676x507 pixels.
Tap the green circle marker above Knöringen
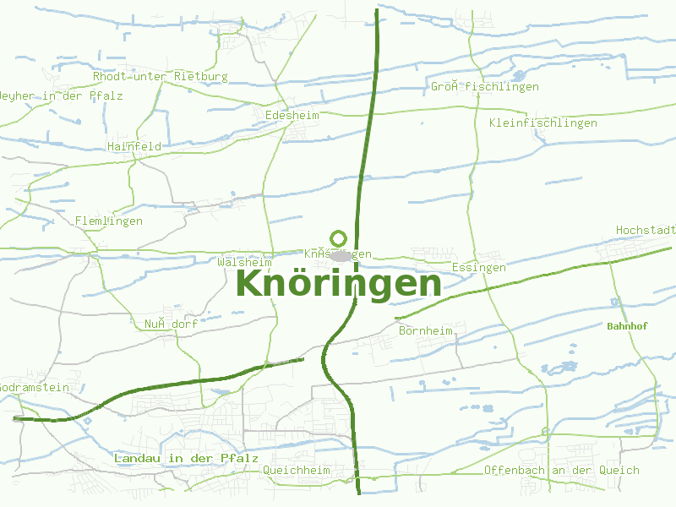(x=338, y=238)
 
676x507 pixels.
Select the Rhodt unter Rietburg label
(x=160, y=76)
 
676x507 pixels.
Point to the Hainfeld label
(x=134, y=146)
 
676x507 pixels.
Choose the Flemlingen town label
(x=109, y=221)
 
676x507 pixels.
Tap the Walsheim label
(x=244, y=262)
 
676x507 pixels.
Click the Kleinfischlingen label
(x=542, y=123)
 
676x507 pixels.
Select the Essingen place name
(x=478, y=267)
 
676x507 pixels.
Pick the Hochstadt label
(x=646, y=230)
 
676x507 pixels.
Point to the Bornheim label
(x=425, y=330)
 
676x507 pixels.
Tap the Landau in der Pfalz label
(x=186, y=458)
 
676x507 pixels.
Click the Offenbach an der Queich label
(x=561, y=470)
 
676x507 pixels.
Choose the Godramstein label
(x=34, y=387)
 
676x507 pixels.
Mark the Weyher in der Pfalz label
(x=61, y=95)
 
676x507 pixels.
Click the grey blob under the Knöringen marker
(x=340, y=255)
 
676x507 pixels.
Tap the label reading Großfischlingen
(x=484, y=86)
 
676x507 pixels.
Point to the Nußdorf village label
(x=170, y=324)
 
